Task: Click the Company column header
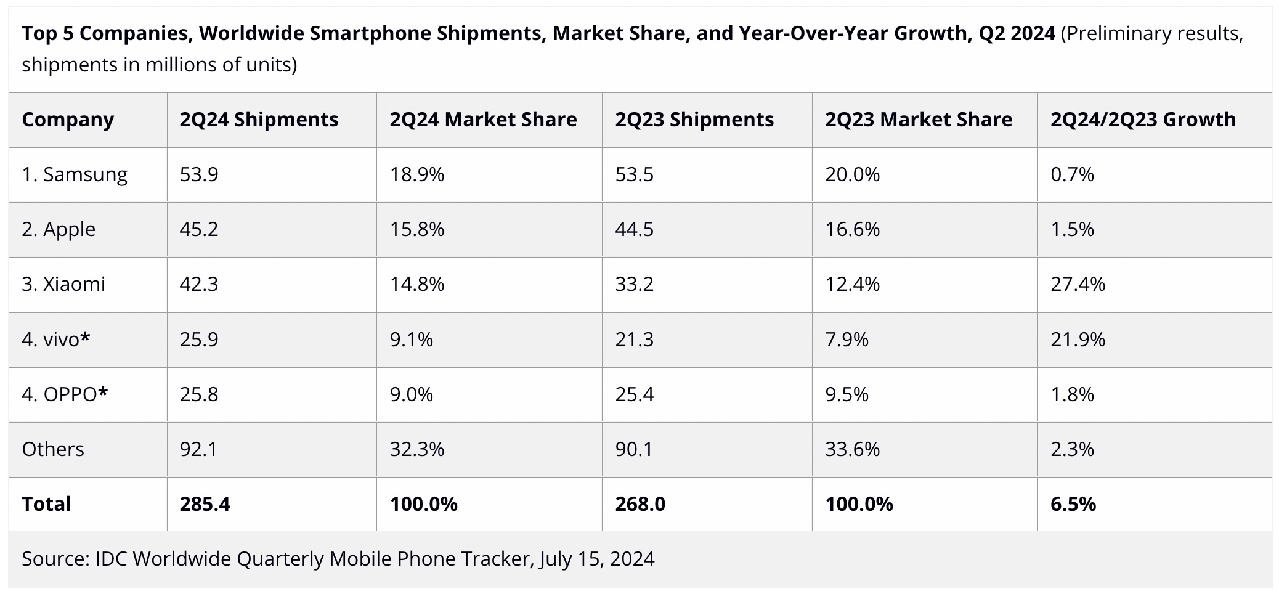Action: pyautogui.click(x=68, y=120)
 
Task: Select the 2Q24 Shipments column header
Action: pyautogui.click(x=259, y=120)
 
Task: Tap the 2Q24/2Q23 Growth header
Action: pyautogui.click(x=1143, y=120)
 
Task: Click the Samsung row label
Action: pyautogui.click(x=75, y=174)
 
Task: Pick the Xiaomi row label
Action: pyautogui.click(x=63, y=284)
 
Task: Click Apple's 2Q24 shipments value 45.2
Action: pyautogui.click(x=199, y=229)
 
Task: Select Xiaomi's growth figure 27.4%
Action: pyautogui.click(x=1078, y=284)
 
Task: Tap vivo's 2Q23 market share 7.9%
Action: pyautogui.click(x=847, y=340)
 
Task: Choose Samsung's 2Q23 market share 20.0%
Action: pyautogui.click(x=852, y=174)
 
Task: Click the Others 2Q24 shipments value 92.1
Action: pyautogui.click(x=198, y=449)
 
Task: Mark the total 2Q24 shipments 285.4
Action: pyautogui.click(x=205, y=504)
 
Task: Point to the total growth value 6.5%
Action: pyautogui.click(x=1073, y=504)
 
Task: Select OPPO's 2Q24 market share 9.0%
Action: pyautogui.click(x=411, y=394)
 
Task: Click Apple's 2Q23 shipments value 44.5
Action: pyautogui.click(x=634, y=229)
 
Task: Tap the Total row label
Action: pyautogui.click(x=46, y=504)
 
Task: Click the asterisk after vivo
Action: pyautogui.click(x=85, y=337)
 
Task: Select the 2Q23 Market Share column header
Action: pyautogui.click(x=918, y=120)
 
